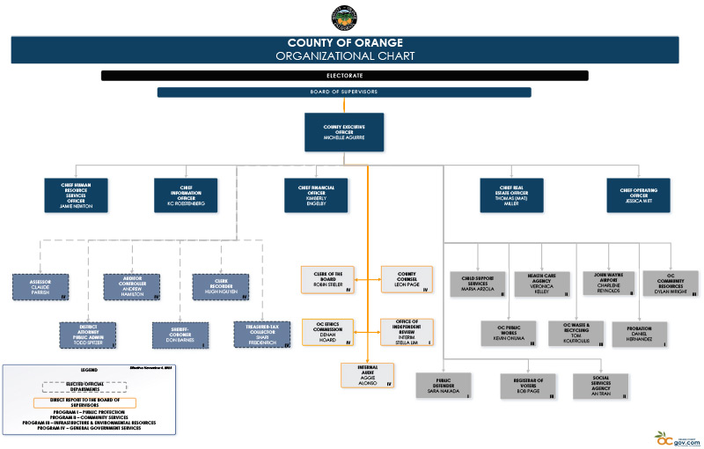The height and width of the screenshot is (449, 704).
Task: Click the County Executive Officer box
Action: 344,132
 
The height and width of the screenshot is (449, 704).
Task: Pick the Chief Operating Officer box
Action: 638,195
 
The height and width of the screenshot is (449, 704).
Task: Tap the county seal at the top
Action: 344,18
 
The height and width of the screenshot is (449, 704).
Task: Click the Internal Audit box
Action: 368,374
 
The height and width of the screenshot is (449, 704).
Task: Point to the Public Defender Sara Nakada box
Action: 445,385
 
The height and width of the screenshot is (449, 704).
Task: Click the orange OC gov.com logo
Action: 674,437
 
